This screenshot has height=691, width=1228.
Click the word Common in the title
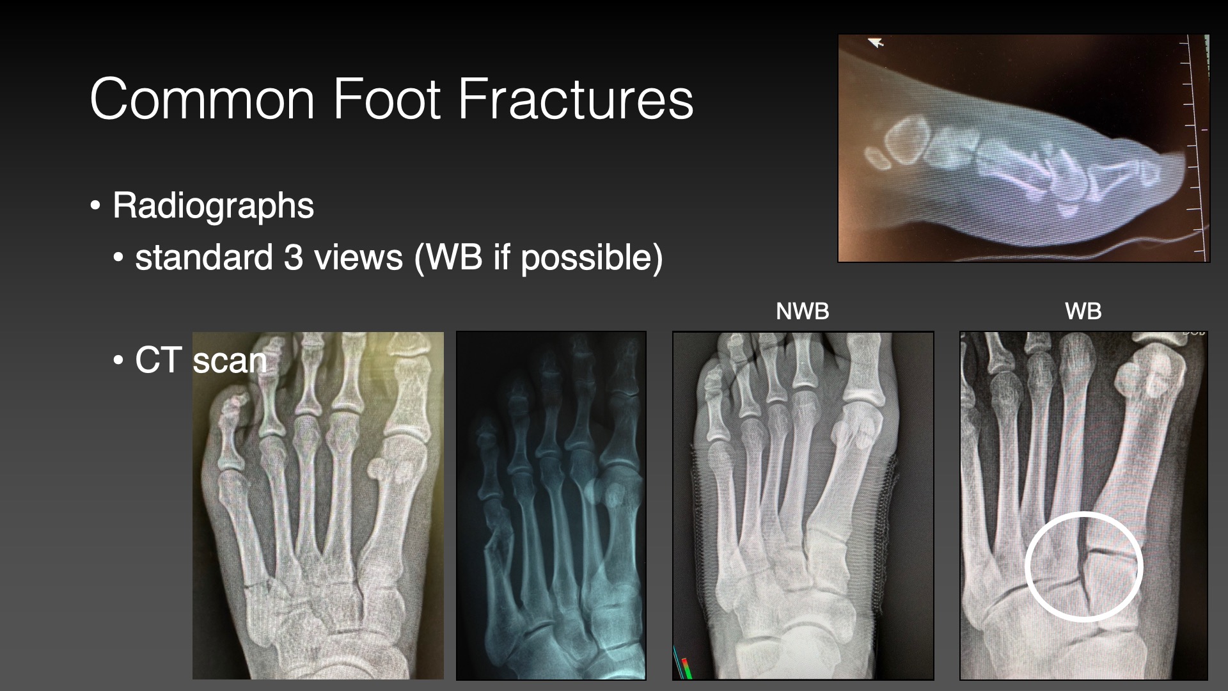[x=202, y=99]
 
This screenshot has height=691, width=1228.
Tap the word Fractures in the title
[x=576, y=99]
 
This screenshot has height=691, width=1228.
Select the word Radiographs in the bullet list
[x=213, y=206]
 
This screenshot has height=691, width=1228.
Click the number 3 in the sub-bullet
[x=294, y=257]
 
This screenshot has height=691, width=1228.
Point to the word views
[x=358, y=257]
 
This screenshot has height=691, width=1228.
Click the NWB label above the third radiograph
[x=802, y=312]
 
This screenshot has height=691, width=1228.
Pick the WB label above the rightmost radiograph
[x=1083, y=312]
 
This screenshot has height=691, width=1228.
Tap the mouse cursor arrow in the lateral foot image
[x=876, y=43]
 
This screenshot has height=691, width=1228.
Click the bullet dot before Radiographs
[x=95, y=207]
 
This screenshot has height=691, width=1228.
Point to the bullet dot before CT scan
[x=118, y=360]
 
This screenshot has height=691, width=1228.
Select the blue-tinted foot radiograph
[x=551, y=505]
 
